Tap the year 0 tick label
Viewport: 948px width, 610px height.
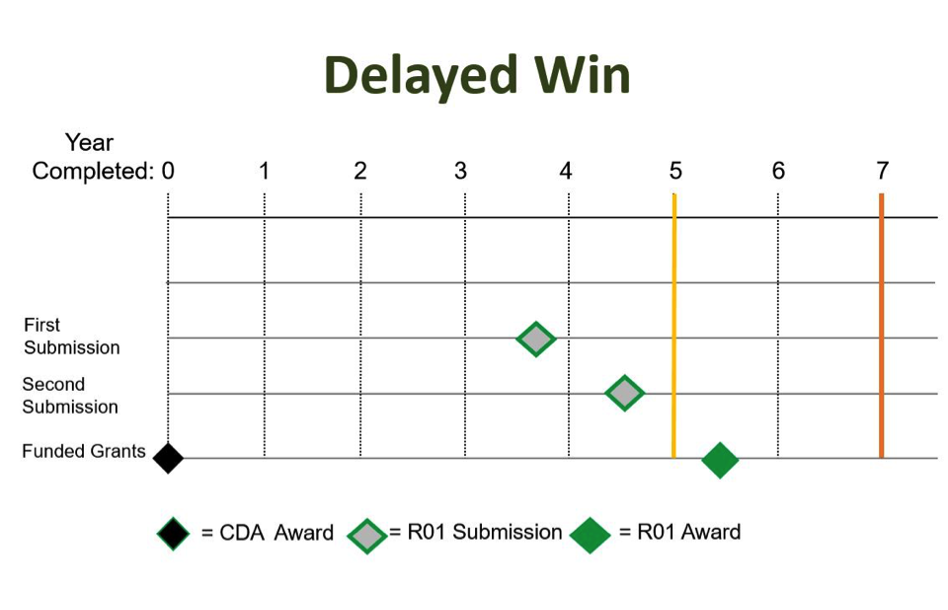click(168, 171)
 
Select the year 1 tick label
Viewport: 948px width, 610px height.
click(264, 171)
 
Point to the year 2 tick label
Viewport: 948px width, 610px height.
click(359, 171)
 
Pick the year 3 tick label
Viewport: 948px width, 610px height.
click(460, 171)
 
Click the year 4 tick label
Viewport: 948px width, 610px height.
click(565, 171)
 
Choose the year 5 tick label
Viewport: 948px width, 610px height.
click(674, 171)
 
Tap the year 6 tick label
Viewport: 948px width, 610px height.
click(778, 171)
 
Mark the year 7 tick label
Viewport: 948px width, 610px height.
click(882, 171)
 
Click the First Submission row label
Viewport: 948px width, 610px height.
click(71, 337)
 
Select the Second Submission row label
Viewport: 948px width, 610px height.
click(70, 396)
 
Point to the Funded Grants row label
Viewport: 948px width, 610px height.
click(84, 452)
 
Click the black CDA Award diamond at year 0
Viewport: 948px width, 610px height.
click(168, 458)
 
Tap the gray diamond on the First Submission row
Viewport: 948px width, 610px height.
click(536, 339)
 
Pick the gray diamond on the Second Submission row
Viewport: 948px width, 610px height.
click(624, 393)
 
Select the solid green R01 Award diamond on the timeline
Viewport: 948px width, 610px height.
click(720, 460)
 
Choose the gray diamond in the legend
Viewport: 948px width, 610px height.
click(367, 534)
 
